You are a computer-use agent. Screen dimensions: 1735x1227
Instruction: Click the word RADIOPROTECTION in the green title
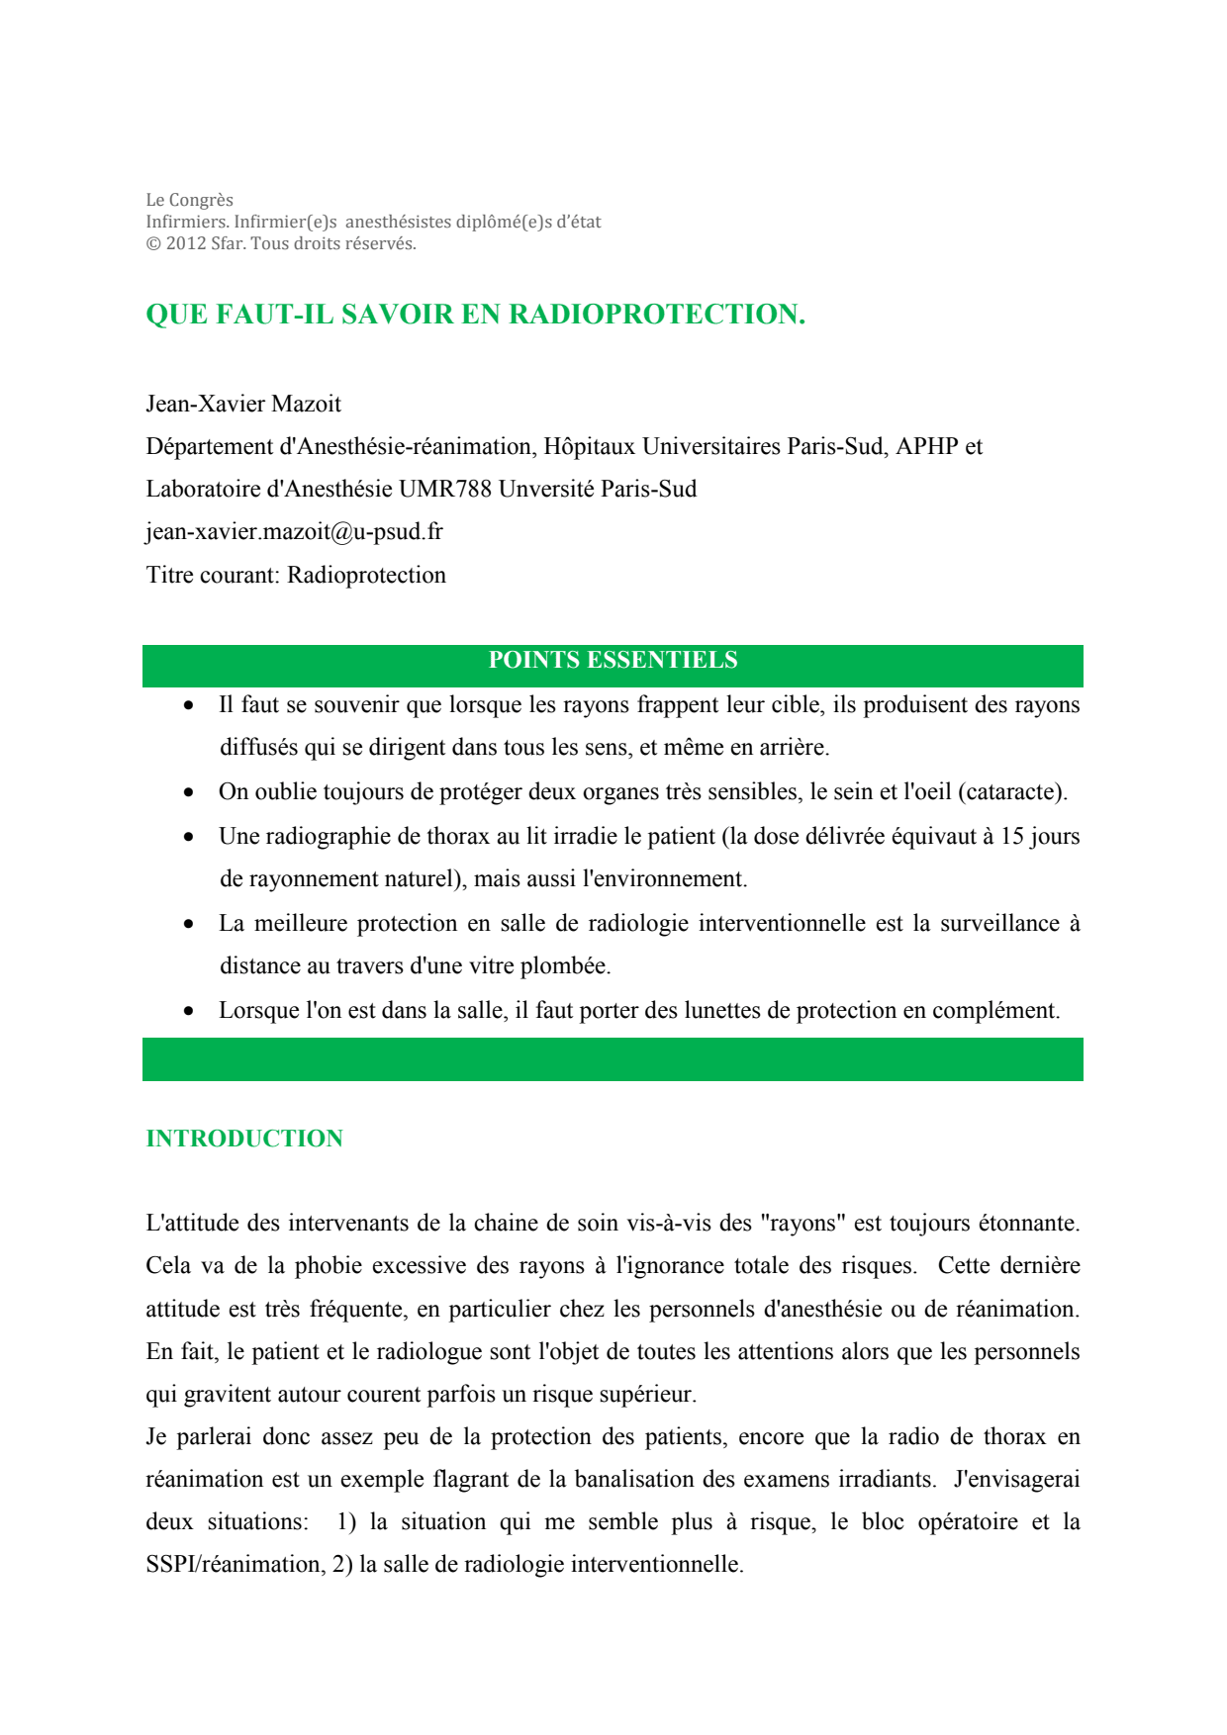coord(656,315)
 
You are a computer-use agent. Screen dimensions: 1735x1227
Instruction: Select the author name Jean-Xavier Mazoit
coord(243,404)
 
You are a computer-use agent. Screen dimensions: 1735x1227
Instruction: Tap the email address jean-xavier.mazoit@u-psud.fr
coord(294,532)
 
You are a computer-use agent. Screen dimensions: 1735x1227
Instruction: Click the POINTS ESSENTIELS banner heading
coord(613,661)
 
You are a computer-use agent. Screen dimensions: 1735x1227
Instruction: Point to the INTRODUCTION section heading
coord(244,1139)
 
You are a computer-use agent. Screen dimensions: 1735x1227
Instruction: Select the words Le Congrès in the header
coord(189,200)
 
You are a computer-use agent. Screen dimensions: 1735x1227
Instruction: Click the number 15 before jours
coord(1011,836)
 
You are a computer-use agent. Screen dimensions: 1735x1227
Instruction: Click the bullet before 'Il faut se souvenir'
coord(188,705)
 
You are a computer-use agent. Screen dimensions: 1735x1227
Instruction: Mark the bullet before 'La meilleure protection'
coord(188,924)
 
